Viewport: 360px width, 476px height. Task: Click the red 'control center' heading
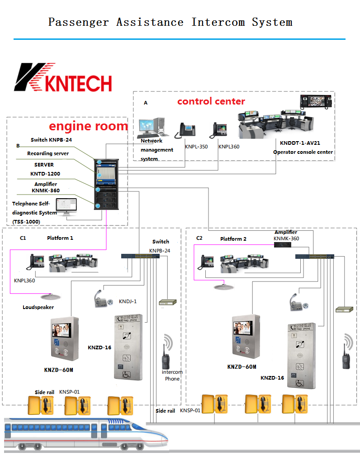click(211, 101)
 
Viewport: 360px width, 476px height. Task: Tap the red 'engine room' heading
click(88, 126)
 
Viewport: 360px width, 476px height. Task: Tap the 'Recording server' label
click(48, 154)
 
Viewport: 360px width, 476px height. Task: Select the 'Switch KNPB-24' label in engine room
click(51, 140)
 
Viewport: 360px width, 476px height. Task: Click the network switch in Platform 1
click(140, 256)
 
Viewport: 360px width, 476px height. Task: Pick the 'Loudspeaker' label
click(38, 308)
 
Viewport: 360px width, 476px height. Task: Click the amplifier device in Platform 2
click(282, 244)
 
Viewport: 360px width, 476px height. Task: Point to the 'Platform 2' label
click(233, 239)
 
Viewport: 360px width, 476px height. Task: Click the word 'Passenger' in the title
click(79, 22)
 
